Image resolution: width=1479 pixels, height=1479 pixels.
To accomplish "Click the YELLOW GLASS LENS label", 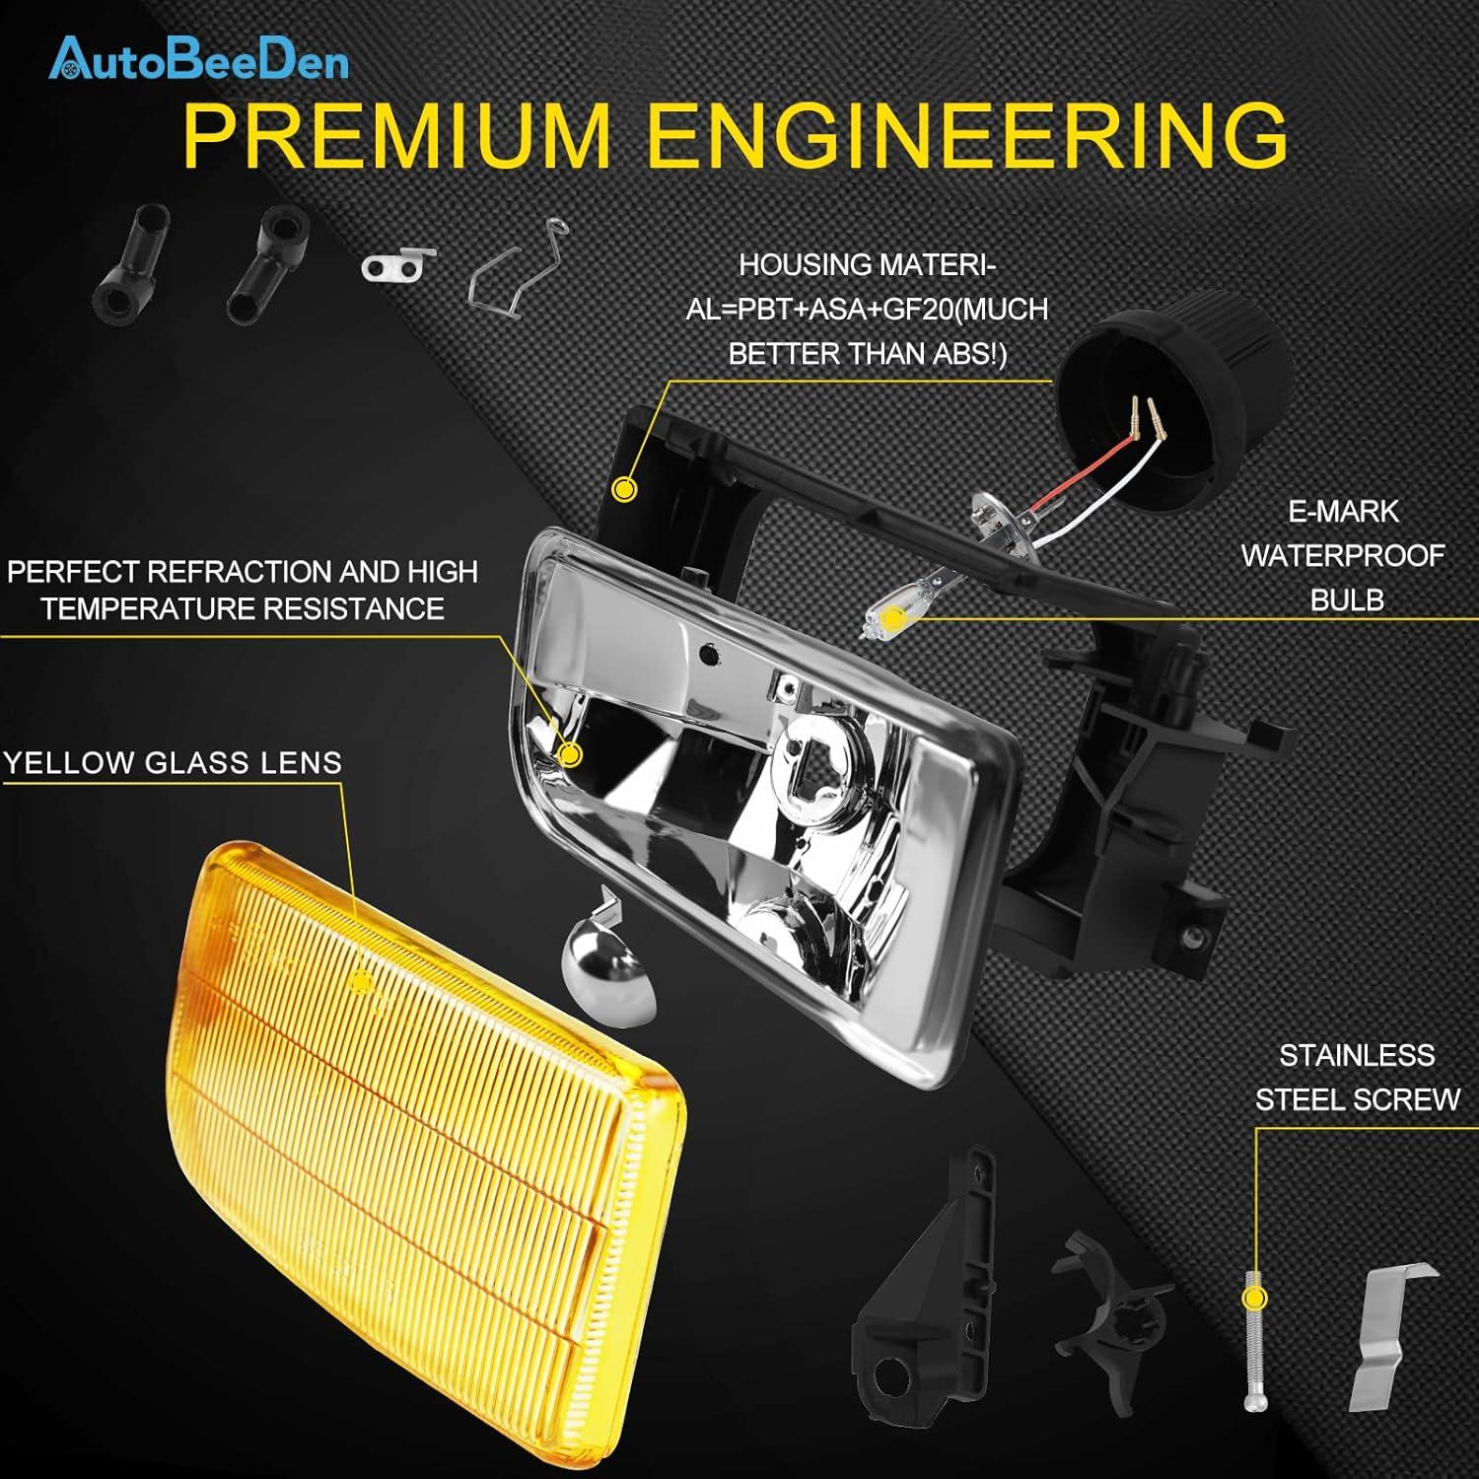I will pos(173,762).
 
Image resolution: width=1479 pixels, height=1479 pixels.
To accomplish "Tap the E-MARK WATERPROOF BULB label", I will pos(1343,555).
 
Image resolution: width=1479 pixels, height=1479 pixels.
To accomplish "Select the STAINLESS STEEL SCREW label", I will pos(1357,1077).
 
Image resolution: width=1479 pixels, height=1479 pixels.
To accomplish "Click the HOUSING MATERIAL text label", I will pos(868,309).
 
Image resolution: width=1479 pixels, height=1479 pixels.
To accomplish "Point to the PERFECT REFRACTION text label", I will pos(243,590).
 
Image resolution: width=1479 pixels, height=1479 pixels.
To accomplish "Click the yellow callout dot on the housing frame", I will pos(624,488).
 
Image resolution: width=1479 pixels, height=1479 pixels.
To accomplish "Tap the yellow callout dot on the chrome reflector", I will pos(569,754).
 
